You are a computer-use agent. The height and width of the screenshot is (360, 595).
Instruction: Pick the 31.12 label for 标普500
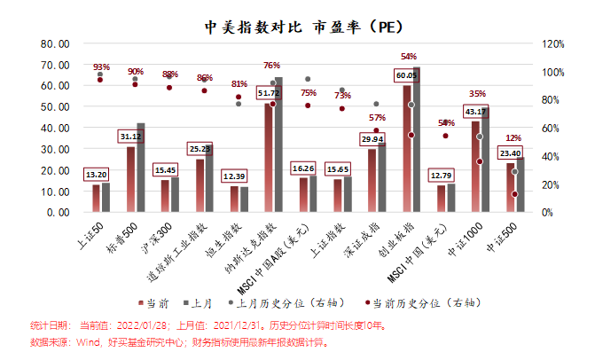(130, 137)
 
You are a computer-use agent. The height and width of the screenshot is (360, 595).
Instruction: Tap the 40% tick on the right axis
(551, 156)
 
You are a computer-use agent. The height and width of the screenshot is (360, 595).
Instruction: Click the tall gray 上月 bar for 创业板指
(417, 139)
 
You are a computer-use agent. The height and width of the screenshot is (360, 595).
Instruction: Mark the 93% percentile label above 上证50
(101, 67)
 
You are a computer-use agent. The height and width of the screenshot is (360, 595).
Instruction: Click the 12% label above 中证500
(513, 138)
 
